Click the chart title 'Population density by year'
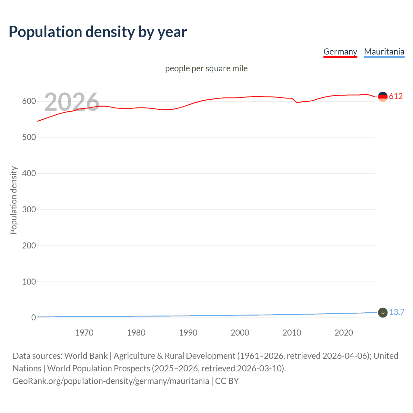(98, 32)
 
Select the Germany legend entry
(340, 52)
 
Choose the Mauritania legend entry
(384, 52)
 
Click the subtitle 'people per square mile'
(206, 68)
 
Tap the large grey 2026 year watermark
(72, 102)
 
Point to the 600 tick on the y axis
(29, 101)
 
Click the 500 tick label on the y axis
(29, 137)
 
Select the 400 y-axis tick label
(29, 174)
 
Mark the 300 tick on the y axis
(29, 210)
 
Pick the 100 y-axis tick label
(29, 282)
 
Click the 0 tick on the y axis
(34, 318)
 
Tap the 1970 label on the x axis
(84, 333)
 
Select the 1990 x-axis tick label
(188, 333)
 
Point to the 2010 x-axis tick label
(292, 333)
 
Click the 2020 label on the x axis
(344, 333)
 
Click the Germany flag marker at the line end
(383, 96)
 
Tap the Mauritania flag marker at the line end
(383, 313)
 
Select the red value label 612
(396, 96)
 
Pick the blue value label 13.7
(397, 312)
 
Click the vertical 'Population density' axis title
(14, 200)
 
